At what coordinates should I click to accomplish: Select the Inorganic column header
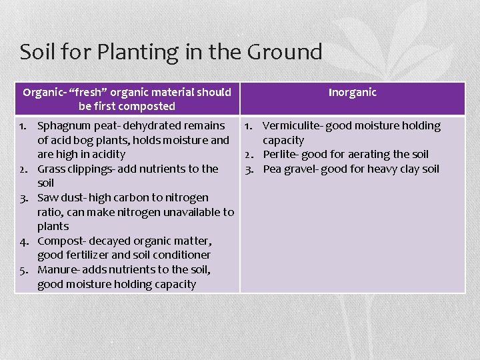pos(352,93)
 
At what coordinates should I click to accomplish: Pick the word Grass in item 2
pos(50,169)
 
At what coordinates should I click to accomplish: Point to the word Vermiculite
pos(292,126)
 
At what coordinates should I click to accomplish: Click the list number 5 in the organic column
pos(23,270)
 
